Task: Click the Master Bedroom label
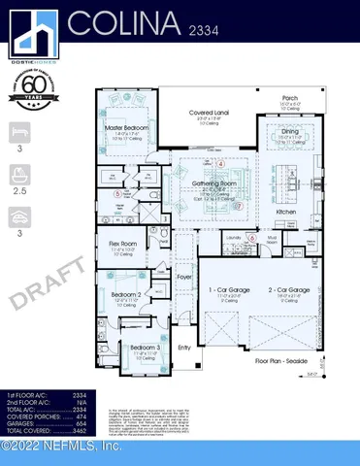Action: pyautogui.click(x=126, y=127)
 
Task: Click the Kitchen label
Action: pyautogui.click(x=286, y=211)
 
